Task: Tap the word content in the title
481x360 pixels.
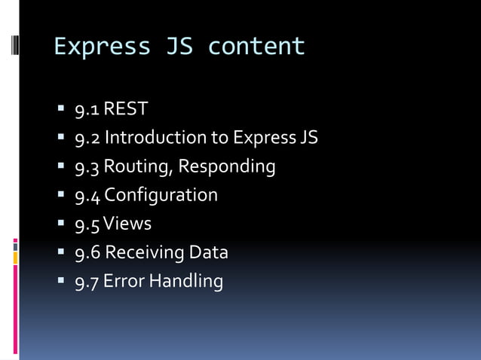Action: (256, 47)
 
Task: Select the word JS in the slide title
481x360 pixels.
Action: (179, 47)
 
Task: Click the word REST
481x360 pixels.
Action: (126, 109)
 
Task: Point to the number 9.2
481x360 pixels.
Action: (87, 138)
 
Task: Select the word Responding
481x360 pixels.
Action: (227, 166)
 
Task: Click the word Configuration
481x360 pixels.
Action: (161, 195)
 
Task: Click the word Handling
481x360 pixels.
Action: (186, 282)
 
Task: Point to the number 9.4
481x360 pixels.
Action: (87, 195)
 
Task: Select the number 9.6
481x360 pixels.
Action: (87, 252)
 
